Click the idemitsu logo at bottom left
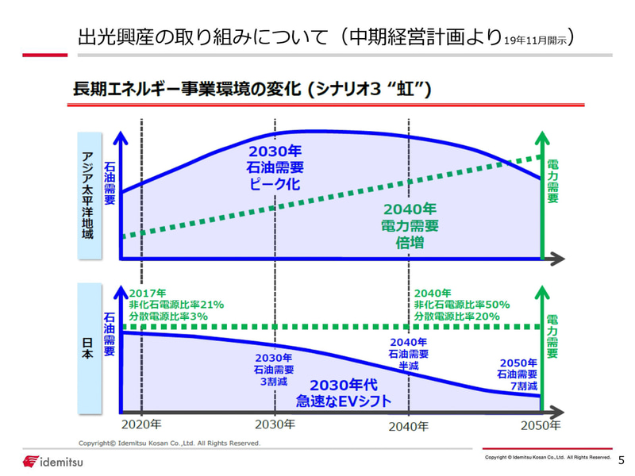53,462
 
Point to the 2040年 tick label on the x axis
409,426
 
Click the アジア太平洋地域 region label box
89,193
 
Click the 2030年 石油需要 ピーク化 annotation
275,167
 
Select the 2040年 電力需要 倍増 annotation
410,226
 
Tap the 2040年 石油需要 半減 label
409,354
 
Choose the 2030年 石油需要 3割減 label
274,369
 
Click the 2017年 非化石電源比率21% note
176,305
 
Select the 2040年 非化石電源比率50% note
461,305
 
